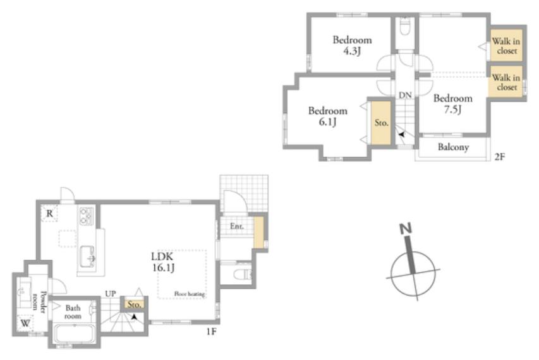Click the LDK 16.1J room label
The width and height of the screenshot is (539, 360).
[x=163, y=261]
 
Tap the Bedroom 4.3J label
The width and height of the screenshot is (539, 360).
[x=352, y=45]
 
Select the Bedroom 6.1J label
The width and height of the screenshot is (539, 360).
[x=327, y=116]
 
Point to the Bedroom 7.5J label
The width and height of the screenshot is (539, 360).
[x=452, y=104]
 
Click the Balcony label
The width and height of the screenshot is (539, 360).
[x=453, y=147]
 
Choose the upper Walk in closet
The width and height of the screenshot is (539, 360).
[x=506, y=45]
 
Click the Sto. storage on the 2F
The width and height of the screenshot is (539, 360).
[x=381, y=123]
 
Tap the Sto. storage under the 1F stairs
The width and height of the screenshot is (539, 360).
[x=134, y=304]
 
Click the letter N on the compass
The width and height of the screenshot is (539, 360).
[x=406, y=228]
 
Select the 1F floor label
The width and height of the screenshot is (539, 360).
[x=211, y=332]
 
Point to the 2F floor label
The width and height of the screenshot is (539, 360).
[x=499, y=157]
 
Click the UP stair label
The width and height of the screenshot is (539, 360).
[x=111, y=294]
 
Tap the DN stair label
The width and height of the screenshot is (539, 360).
[x=405, y=95]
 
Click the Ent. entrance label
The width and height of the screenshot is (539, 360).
[x=236, y=226]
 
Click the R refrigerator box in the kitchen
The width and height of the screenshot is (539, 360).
[x=49, y=213]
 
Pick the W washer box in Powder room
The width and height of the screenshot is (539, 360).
[x=25, y=323]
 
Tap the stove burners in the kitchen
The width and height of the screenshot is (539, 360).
[x=87, y=216]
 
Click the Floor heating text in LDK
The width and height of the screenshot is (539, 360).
[x=190, y=294]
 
